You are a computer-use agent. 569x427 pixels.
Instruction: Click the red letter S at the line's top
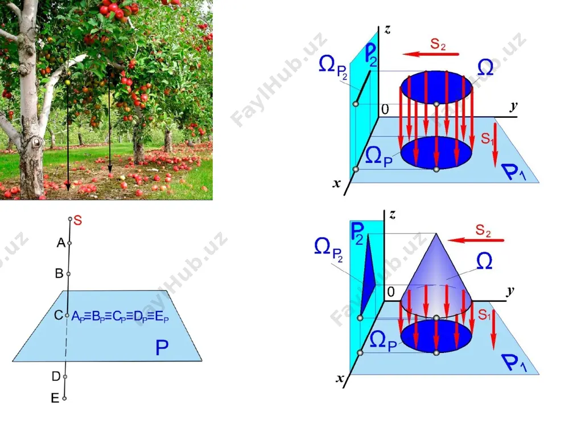(77, 220)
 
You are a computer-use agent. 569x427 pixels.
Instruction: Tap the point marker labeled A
(69, 243)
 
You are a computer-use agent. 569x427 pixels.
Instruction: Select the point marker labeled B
(69, 274)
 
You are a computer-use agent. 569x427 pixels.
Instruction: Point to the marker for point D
(65, 376)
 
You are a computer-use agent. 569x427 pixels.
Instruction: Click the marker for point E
(64, 399)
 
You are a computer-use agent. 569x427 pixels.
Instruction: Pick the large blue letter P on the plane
(162, 347)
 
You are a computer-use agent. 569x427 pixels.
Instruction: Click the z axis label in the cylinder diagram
(387, 29)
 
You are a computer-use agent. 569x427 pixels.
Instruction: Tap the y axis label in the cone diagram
(510, 290)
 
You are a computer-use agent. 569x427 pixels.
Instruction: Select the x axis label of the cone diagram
(340, 379)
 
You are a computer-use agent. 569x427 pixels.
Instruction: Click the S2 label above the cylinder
(438, 44)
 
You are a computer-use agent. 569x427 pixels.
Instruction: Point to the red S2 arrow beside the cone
(476, 240)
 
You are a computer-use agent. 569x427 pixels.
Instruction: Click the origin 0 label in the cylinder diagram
(385, 109)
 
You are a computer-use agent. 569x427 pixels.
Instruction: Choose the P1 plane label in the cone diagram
(514, 363)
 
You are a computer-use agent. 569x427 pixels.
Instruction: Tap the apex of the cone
(436, 233)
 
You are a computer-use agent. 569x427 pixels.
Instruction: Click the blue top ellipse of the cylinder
(436, 88)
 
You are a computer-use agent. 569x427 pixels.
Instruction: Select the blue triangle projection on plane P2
(367, 276)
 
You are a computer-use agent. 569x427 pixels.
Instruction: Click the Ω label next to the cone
(484, 261)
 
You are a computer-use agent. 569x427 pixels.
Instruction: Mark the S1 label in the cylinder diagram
(487, 138)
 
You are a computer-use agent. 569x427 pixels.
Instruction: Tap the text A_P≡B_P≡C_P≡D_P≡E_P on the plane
(120, 317)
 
